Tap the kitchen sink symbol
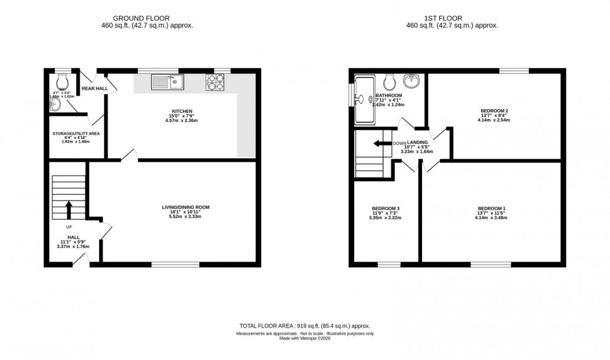click(x=167, y=81)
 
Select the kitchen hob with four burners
click(x=215, y=82)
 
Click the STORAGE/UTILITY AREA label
click(x=75, y=133)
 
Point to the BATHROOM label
click(x=389, y=95)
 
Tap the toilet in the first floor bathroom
click(x=390, y=82)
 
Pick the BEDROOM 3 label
click(x=385, y=208)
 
